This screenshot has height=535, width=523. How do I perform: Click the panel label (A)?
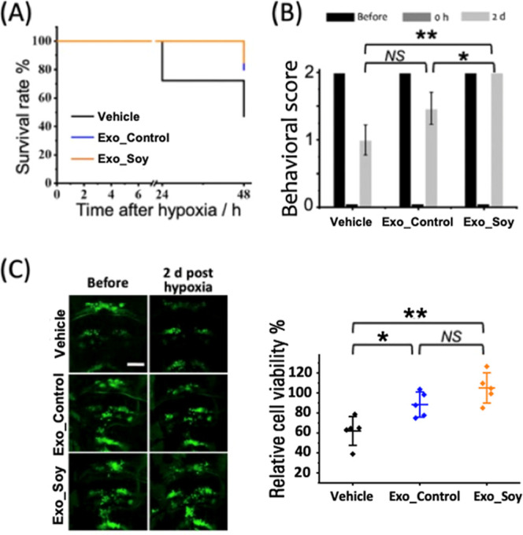(20, 16)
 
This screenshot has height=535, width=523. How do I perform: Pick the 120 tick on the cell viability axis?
(310, 372)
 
